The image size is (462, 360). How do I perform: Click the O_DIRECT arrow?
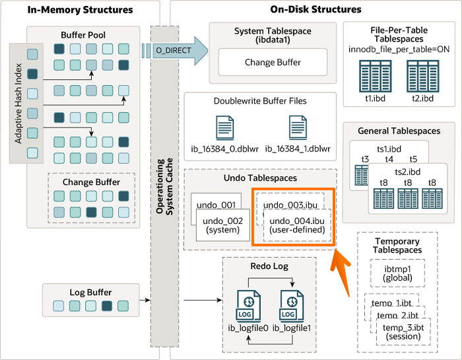click(x=175, y=51)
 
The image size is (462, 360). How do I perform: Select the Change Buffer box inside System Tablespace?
click(x=273, y=62)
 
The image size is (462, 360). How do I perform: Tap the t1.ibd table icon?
click(x=376, y=76)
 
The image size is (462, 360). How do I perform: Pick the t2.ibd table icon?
click(x=423, y=76)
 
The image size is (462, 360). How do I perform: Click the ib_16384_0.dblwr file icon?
click(x=225, y=128)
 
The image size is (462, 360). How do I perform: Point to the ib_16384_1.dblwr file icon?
click(x=298, y=128)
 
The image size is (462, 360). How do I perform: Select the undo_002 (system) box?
click(x=223, y=225)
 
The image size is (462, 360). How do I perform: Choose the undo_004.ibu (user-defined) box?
click(x=297, y=225)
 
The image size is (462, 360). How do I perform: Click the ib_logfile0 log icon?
click(x=248, y=306)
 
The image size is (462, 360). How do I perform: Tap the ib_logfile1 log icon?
click(x=292, y=306)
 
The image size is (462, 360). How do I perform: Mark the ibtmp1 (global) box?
click(x=397, y=273)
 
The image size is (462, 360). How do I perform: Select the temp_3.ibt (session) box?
click(x=403, y=332)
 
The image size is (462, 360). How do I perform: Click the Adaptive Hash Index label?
click(x=18, y=104)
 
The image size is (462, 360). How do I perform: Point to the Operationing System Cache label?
click(x=164, y=186)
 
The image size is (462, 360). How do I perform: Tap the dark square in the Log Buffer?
click(x=107, y=306)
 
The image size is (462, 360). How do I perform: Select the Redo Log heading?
click(x=269, y=266)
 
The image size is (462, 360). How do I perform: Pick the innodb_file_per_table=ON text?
click(x=399, y=50)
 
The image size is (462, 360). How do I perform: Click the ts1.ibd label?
click(x=389, y=149)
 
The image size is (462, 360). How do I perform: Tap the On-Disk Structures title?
click(x=315, y=9)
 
